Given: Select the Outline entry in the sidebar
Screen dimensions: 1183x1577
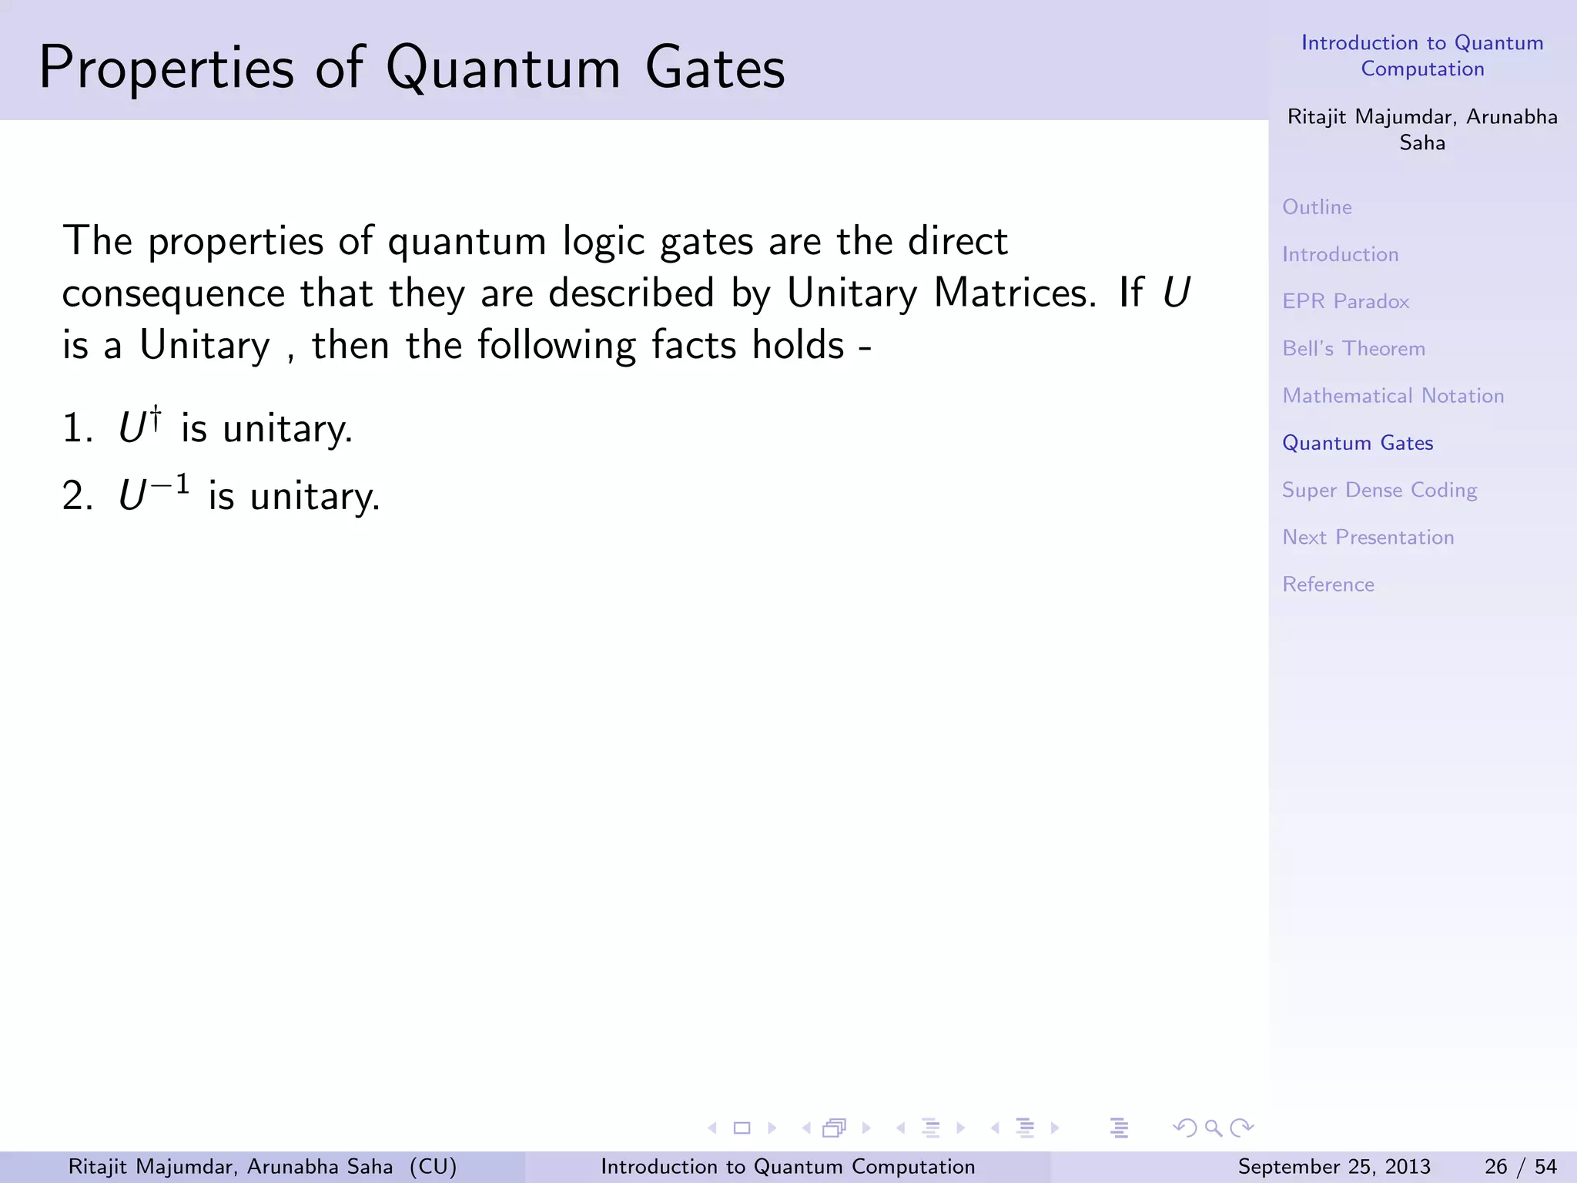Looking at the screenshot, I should [1317, 207].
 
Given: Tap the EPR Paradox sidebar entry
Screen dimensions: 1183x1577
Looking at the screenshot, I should [1345, 301].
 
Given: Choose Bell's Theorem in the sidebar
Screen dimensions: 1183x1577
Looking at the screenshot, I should [1353, 349].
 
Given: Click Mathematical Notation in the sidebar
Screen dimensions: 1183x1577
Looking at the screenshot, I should [1392, 396].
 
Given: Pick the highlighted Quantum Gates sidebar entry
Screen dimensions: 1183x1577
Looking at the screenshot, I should [1357, 443].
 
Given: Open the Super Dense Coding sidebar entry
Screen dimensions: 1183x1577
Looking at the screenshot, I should [1378, 491].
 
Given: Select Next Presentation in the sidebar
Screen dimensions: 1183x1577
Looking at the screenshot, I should [1368, 538].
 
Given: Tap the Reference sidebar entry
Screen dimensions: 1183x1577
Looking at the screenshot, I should [1328, 585].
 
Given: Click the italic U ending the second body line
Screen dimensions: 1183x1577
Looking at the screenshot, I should [1175, 293].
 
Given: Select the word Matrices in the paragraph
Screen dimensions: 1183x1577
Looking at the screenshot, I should [1014, 293].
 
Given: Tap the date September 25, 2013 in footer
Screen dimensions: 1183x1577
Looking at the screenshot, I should [1334, 1167].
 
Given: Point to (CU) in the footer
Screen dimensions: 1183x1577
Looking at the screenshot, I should [433, 1167].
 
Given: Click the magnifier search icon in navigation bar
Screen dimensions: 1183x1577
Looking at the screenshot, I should [1214, 1128].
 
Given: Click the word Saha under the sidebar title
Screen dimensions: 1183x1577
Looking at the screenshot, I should [1421, 143].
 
